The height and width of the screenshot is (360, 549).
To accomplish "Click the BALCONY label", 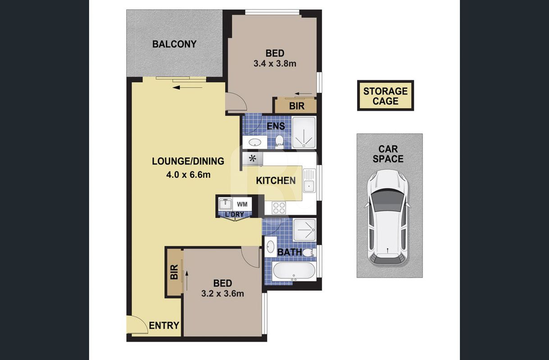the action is point(174,44).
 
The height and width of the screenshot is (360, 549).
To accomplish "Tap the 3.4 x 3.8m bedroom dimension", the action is point(275,63).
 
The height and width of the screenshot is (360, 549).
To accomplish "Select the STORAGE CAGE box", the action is point(385,95).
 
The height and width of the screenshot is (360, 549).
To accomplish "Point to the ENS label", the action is point(276,126).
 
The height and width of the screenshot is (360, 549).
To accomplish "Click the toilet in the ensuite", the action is point(279,141).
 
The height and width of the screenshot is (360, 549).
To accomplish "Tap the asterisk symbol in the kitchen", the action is point(252,159).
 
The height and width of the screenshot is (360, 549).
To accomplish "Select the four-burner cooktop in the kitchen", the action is point(279,208).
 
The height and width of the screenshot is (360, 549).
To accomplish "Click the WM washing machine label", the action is point(242,204).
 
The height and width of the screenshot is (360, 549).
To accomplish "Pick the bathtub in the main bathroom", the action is point(294,271).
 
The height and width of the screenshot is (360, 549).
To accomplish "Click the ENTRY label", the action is point(164,325).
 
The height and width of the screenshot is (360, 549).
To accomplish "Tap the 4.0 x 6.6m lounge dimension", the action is point(188,175).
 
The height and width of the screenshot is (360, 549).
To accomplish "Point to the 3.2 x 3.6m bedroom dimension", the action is point(222,293).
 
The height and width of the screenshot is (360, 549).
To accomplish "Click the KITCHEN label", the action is point(276,181).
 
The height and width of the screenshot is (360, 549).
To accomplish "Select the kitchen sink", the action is point(309,181).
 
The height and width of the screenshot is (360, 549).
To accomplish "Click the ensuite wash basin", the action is point(255,142).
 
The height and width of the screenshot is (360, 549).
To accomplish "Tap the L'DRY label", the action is point(235,215).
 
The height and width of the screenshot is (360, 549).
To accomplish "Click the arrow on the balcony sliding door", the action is point(187,87).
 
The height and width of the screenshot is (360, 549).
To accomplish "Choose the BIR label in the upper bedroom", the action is point(297,106).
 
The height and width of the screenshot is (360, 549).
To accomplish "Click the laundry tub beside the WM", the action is point(225,204).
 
